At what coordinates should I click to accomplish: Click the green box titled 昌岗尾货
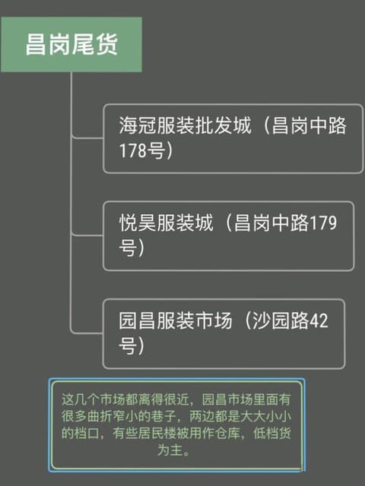(x=71, y=45)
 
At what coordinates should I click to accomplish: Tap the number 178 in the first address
(x=133, y=150)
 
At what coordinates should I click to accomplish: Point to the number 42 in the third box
(x=319, y=320)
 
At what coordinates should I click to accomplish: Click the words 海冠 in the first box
(x=138, y=125)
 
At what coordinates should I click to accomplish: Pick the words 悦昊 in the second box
(x=138, y=222)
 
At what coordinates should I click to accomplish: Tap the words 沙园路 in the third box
(x=281, y=320)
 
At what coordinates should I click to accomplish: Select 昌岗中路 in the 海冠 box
(x=309, y=125)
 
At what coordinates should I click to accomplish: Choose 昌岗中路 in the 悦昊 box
(x=271, y=222)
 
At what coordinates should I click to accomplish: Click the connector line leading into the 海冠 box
(x=88, y=137)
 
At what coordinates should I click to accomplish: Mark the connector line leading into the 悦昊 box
(x=88, y=235)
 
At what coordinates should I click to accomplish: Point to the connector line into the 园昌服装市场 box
(x=88, y=333)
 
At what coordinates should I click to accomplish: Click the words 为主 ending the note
(x=170, y=450)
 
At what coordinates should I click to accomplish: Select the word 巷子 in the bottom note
(x=163, y=416)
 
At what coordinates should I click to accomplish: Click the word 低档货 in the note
(x=272, y=433)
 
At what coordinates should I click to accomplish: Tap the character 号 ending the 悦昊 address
(x=128, y=248)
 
